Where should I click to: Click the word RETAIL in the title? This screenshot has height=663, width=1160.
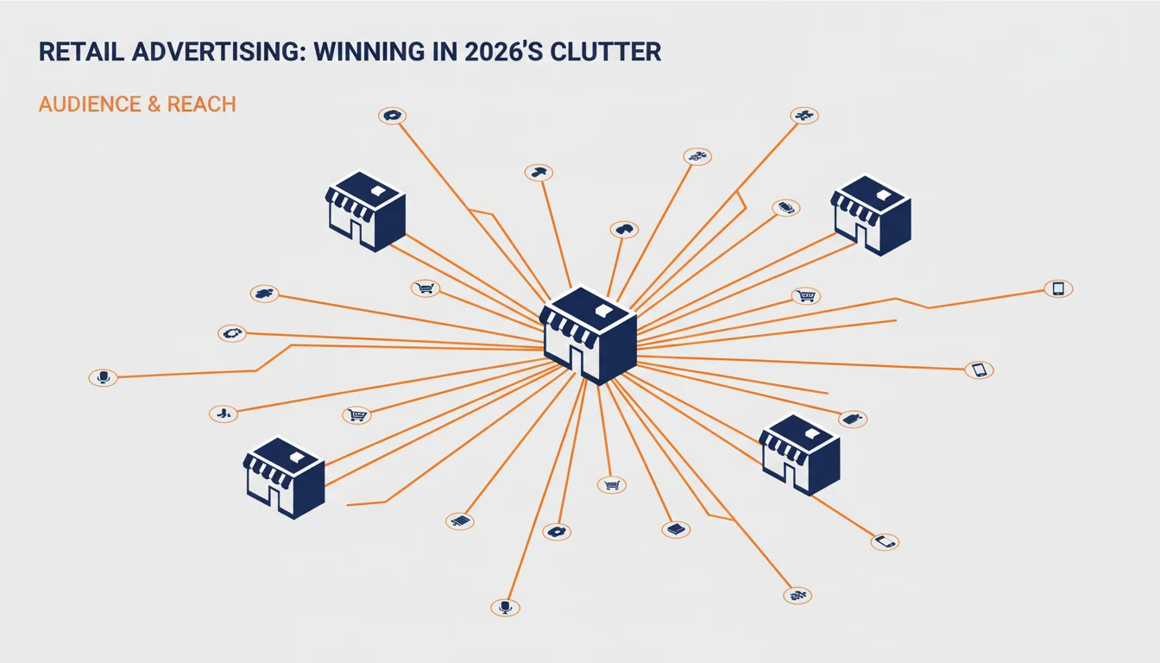coord(81,52)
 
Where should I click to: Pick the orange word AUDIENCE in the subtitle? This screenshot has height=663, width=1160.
coord(90,104)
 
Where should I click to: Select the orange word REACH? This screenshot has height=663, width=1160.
coord(201,104)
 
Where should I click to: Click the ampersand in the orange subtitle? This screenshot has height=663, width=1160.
coord(154,104)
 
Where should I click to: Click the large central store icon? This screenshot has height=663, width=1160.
coord(588,336)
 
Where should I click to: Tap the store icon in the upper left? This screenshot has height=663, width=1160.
coord(365,211)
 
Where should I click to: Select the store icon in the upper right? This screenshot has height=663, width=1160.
coord(871,215)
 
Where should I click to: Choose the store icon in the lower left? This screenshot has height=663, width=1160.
coord(284,477)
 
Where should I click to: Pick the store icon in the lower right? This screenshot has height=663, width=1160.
coord(799,454)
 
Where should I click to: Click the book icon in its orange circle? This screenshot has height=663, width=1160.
coord(676,529)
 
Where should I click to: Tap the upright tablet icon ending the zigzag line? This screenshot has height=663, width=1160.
coord(1058,288)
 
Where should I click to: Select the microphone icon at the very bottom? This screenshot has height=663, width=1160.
coord(505,607)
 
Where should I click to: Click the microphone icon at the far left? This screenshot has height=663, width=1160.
coord(103,377)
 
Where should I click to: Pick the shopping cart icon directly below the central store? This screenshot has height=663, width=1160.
coord(612,485)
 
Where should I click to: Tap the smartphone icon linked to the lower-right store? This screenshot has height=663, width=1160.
coord(885,542)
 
